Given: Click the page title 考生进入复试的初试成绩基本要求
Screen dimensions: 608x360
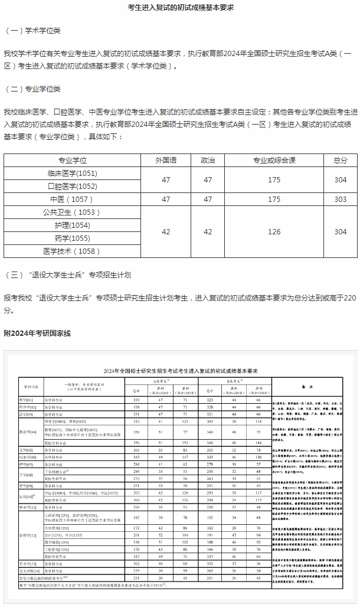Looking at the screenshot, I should click(x=181, y=7).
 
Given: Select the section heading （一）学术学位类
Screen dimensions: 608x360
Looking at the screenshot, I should click(x=33, y=31).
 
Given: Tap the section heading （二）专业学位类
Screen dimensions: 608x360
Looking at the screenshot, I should click(x=33, y=89).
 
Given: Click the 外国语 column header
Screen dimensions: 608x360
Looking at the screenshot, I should click(x=166, y=160).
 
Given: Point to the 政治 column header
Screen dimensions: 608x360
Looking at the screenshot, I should click(x=208, y=160).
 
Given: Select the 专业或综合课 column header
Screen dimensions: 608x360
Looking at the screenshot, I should click(x=274, y=160).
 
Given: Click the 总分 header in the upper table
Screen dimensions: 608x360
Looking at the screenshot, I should click(x=341, y=160).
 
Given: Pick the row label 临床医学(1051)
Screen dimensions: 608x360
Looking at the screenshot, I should click(x=72, y=174).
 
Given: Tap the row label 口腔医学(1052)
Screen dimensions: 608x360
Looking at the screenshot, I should click(x=72, y=187).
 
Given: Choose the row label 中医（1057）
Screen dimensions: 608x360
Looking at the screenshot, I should click(x=72, y=200).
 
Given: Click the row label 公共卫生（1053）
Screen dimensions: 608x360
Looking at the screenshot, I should click(x=72, y=213).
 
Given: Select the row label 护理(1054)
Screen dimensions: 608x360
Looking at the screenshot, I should click(x=72, y=225).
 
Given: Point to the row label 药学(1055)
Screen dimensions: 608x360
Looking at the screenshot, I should click(x=72, y=238).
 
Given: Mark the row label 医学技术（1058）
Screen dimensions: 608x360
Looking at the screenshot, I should click(x=72, y=251).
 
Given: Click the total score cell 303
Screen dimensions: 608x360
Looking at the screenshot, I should click(x=341, y=200).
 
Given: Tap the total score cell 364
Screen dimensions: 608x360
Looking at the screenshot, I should click(x=341, y=232).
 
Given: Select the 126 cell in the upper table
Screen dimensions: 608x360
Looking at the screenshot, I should click(x=274, y=232).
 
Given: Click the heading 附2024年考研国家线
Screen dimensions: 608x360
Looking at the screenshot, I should click(x=37, y=334).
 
